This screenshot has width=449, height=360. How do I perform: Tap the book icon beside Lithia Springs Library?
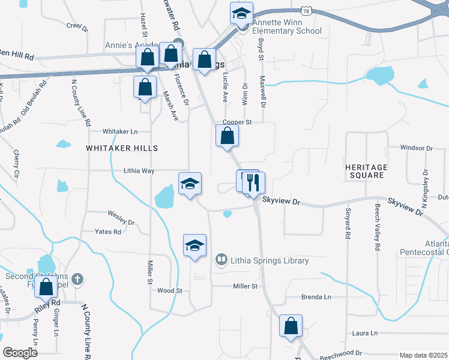click(221, 260)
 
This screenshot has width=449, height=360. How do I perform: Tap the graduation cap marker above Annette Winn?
click(241, 13)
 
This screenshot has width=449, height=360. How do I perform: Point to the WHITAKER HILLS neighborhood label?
click(122, 148)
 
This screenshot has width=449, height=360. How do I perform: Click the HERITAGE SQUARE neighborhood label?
click(365, 171)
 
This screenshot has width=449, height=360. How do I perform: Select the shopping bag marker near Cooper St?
click(227, 136)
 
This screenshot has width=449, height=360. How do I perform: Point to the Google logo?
click(20, 353)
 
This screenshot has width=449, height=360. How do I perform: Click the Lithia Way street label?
click(139, 170)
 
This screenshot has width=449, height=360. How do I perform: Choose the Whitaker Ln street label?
click(120, 131)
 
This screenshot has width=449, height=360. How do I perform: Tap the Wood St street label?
click(169, 290)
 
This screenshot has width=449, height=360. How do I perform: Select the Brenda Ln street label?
click(316, 297)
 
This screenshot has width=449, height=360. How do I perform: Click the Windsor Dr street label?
click(416, 148)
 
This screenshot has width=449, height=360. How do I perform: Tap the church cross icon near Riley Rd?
click(77, 278)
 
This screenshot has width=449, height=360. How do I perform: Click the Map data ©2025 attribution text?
click(423, 355)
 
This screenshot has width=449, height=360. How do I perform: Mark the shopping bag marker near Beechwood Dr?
click(291, 327)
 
